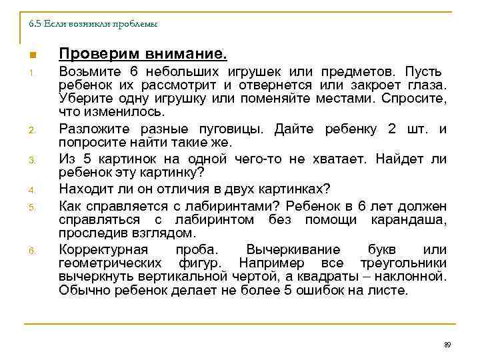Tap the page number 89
[447, 345]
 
